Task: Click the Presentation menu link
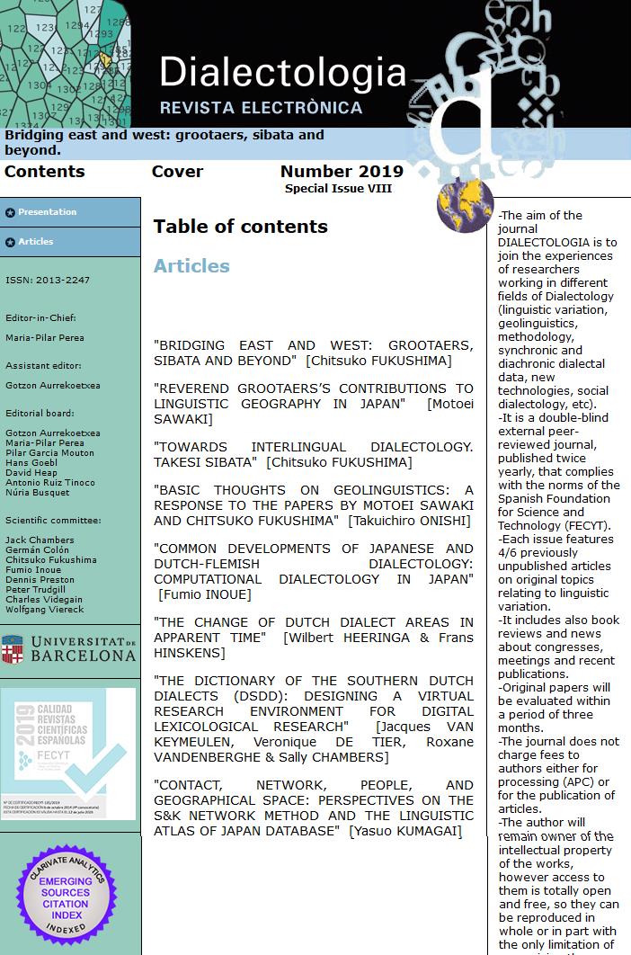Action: [x=47, y=212]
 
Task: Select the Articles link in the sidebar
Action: [x=36, y=242]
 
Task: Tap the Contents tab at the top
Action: [x=45, y=172]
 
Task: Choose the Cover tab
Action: [x=177, y=172]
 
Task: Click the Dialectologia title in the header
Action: [x=283, y=72]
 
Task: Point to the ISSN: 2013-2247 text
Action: [x=48, y=281]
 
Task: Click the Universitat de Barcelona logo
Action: [x=69, y=648]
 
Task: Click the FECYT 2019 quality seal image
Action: [x=68, y=754]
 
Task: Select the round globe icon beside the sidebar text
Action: [x=465, y=205]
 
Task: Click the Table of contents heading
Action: [x=240, y=227]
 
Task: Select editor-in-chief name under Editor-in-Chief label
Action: [x=45, y=339]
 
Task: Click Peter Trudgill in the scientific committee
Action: [x=37, y=589]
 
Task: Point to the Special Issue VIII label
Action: [x=338, y=189]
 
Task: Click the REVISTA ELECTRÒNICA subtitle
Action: [x=261, y=108]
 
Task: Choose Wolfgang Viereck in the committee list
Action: [x=45, y=609]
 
